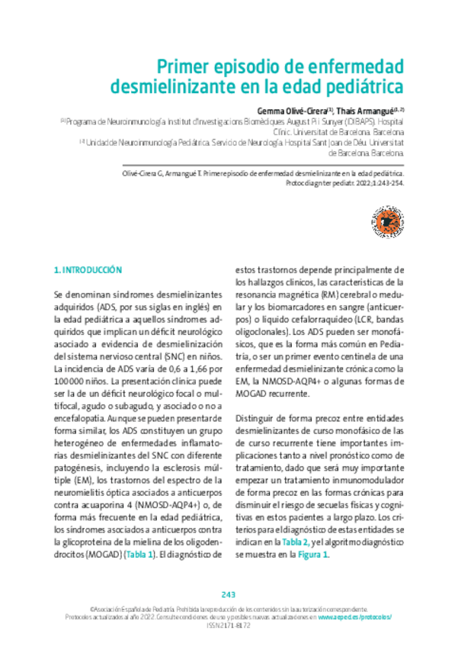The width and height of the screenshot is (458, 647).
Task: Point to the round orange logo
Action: pyautogui.click(x=386, y=223)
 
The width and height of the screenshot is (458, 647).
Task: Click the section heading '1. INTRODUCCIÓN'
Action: pyautogui.click(x=88, y=270)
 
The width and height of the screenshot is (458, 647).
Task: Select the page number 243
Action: pyautogui.click(x=229, y=595)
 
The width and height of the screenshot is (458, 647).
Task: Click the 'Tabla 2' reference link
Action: pyautogui.click(x=296, y=541)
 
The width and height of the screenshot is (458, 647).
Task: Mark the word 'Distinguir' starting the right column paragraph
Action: pyautogui.click(x=255, y=419)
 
